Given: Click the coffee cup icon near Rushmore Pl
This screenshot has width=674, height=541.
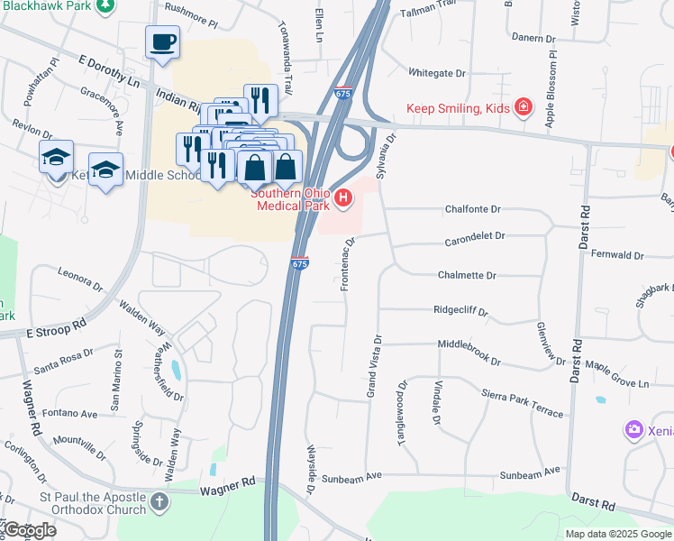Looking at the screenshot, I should point(162,42).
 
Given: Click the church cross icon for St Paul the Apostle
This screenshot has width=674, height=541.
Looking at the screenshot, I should point(159,500).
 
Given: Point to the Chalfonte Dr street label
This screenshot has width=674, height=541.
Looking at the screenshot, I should point(472,209).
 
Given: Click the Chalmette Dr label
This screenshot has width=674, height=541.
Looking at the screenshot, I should point(467,275).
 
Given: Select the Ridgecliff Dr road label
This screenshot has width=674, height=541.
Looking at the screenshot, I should point(460,310).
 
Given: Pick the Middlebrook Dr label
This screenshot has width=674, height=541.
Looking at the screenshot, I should point(469,351).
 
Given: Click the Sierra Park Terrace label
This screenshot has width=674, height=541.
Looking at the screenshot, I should point(522,401).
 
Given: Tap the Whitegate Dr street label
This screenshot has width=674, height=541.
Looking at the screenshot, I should point(437,72).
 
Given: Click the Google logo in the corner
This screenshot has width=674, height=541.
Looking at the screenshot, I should point(29,530).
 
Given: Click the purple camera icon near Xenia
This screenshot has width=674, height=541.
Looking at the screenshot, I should point(635,429).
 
